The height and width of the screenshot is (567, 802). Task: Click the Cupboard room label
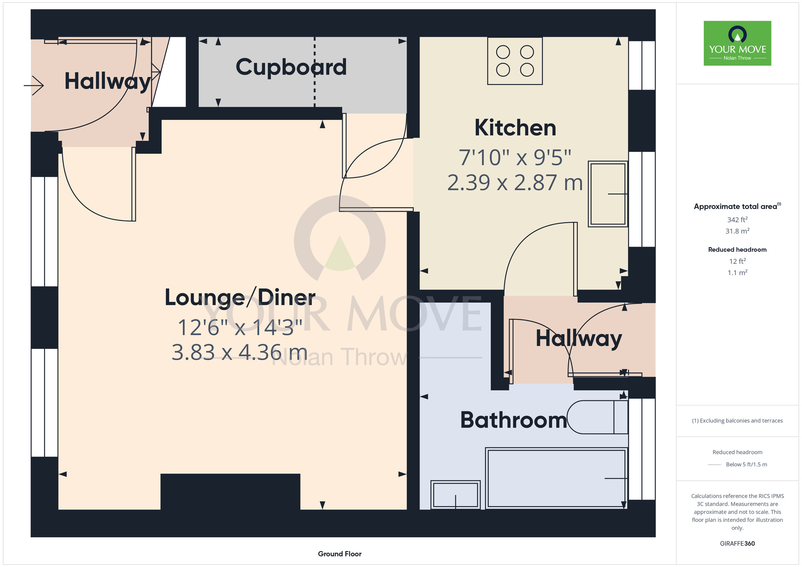(291, 67)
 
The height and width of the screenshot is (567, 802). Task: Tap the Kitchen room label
(515, 128)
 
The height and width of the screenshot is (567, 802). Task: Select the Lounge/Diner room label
(240, 298)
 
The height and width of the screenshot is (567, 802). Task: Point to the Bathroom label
(514, 420)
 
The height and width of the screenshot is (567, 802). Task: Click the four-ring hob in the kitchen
(515, 61)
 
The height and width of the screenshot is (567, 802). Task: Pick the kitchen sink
(608, 194)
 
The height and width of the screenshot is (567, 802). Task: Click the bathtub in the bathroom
(557, 478)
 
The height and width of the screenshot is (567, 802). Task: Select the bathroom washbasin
(456, 495)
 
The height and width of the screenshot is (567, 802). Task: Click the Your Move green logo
(737, 43)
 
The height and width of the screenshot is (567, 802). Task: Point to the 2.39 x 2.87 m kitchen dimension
(515, 183)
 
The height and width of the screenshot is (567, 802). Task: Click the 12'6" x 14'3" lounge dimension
(240, 328)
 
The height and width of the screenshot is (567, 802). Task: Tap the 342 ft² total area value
(737, 220)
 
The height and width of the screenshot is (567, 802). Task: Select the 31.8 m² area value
(737, 231)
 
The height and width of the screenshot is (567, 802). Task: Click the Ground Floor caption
(340, 554)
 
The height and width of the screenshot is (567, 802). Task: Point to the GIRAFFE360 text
(737, 544)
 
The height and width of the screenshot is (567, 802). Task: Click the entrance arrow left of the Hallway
(34, 85)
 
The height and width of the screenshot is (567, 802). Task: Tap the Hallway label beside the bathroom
(579, 339)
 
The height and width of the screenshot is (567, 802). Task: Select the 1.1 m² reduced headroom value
(737, 273)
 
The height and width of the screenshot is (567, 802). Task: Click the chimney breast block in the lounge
(230, 492)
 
